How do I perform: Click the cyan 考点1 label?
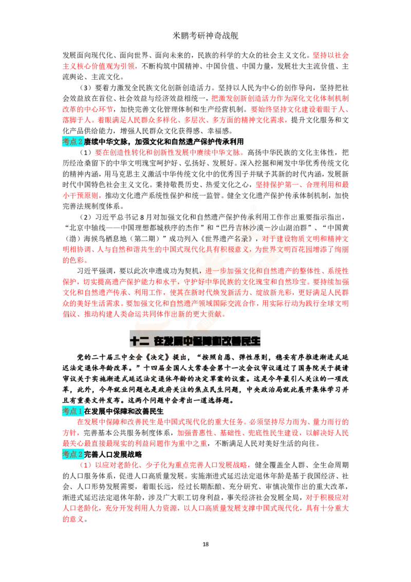[72, 411]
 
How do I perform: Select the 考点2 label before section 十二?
[72, 141]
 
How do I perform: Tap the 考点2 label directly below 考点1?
[72, 454]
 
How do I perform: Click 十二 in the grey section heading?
[139, 340]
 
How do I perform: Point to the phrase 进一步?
[216, 270]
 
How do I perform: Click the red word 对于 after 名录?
[269, 239]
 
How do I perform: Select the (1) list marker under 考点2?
[85, 465]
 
